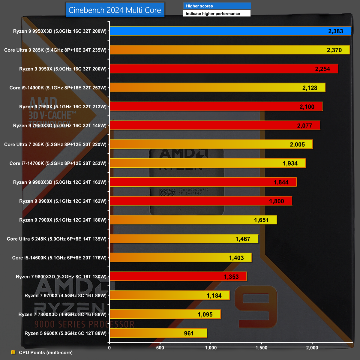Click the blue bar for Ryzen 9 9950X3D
[230, 31]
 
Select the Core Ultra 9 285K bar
[229, 50]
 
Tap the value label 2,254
[322, 69]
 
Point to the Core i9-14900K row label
[58, 88]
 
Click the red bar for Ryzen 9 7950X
[216, 106]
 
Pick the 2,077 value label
[304, 126]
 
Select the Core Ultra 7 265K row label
[55, 145]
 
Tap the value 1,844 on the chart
[281, 182]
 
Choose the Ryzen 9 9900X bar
[201, 201]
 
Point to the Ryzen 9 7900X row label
[63, 220]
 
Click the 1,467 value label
[243, 239]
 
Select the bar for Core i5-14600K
[181, 258]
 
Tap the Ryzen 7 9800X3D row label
[61, 277]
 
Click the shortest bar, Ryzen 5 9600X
[158, 333]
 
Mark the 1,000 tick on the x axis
[211, 348]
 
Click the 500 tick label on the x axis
[160, 348]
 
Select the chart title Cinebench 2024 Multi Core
[115, 10]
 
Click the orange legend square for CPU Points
[13, 352]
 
